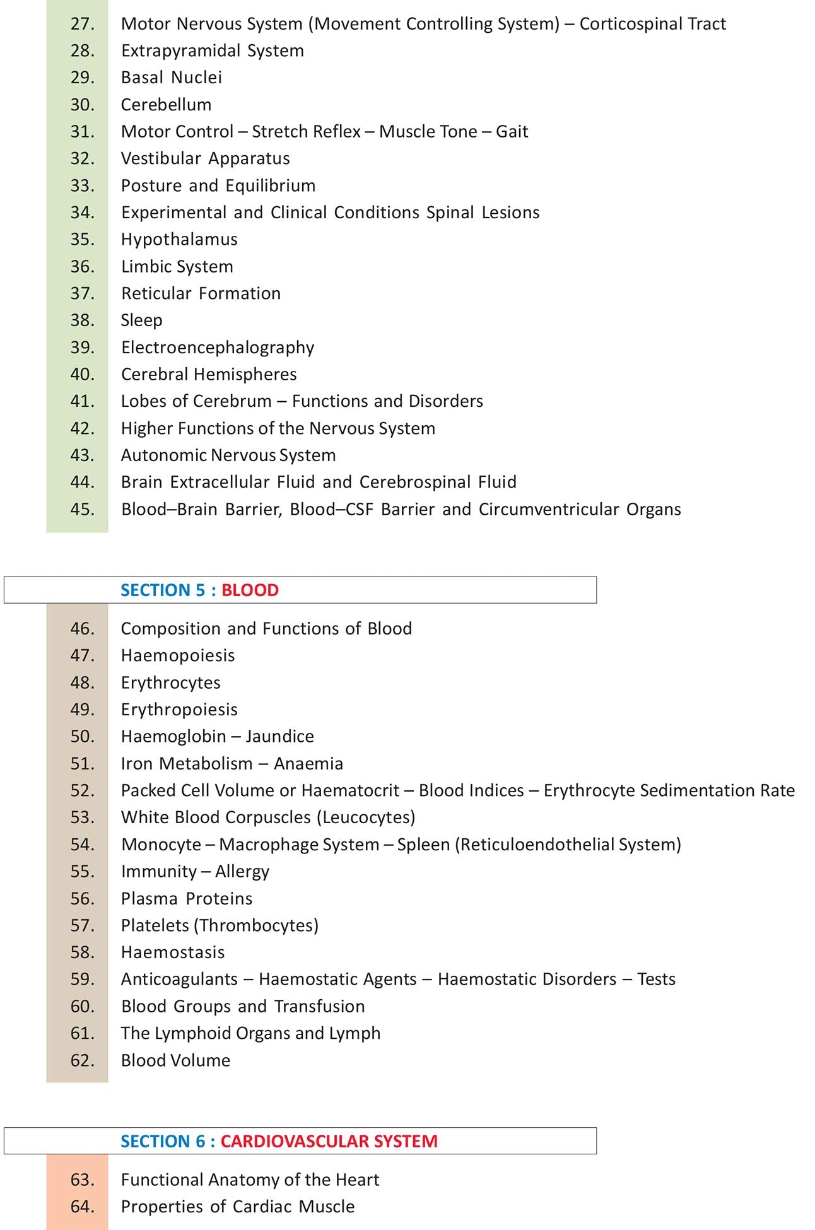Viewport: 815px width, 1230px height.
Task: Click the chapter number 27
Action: pos(82,24)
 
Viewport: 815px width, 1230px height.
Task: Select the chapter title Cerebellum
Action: pos(166,105)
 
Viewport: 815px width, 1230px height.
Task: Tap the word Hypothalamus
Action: pos(179,240)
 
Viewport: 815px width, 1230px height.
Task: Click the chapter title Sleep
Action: pos(141,320)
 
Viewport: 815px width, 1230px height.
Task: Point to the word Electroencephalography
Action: pos(218,348)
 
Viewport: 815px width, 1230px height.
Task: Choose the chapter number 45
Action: pos(82,509)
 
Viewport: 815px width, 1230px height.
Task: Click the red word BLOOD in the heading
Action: pos(250,590)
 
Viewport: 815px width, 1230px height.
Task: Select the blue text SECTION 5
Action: pos(163,590)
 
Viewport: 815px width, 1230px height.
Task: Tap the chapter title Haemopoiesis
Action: pos(178,656)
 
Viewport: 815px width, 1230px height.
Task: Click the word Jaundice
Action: pos(279,737)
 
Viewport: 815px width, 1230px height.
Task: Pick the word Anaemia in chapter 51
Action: pos(308,764)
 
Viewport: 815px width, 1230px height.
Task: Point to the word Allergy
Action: pos(242,872)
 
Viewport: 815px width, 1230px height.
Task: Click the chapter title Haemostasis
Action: pos(173,952)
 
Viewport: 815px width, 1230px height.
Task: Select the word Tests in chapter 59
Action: pos(656,980)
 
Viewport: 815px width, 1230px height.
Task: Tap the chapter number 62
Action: pos(82,1060)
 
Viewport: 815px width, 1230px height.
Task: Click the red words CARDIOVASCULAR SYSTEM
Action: pos(329,1141)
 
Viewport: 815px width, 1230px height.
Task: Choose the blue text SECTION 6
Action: pos(163,1141)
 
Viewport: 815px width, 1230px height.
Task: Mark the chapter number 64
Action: pos(82,1207)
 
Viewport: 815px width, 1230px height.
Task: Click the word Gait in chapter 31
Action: pos(512,132)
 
